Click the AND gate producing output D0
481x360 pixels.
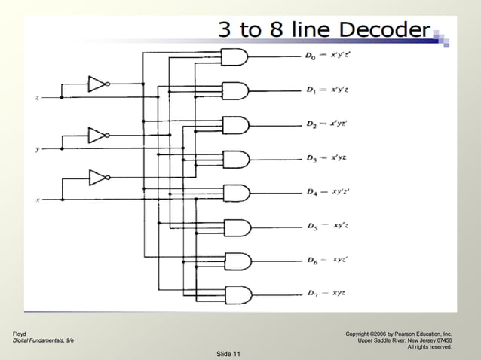[x=234, y=56]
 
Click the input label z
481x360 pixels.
[x=37, y=99]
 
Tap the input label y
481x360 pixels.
[x=37, y=149]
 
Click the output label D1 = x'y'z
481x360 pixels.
[x=329, y=90]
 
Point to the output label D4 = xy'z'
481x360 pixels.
[x=327, y=192]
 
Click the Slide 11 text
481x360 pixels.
[x=228, y=354]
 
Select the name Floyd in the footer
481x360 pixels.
[x=19, y=333]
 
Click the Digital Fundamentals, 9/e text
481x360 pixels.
[x=43, y=340]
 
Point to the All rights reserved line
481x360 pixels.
[x=429, y=347]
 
